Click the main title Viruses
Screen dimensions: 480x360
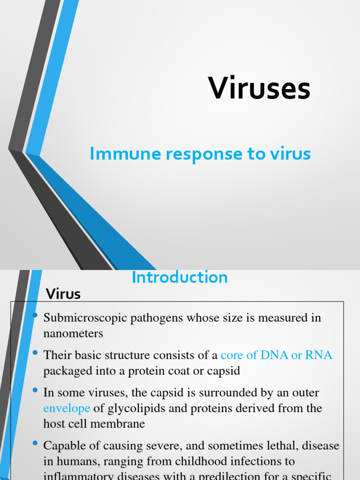(259, 88)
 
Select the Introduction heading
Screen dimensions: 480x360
(180, 277)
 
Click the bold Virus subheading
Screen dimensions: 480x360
(63, 294)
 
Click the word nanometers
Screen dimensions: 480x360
(73, 334)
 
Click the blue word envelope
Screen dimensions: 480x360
(67, 408)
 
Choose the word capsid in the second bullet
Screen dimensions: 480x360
(223, 371)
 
